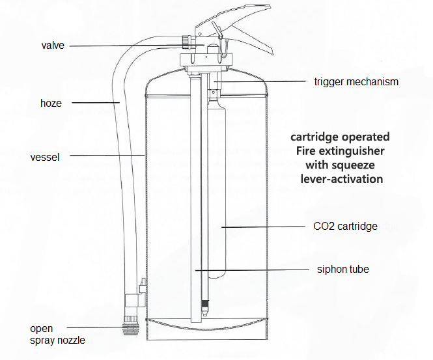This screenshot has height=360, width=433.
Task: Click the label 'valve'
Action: pyautogui.click(x=53, y=46)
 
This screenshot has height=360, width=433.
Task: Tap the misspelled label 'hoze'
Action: pyautogui.click(x=51, y=104)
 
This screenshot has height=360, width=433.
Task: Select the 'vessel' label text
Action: pyautogui.click(x=45, y=158)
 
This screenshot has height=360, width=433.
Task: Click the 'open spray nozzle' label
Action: pyautogui.click(x=57, y=335)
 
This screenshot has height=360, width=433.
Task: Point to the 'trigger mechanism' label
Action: pyautogui.click(x=356, y=82)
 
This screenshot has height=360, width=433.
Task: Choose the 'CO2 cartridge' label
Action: pyautogui.click(x=345, y=226)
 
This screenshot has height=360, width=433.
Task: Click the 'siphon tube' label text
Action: pyautogui.click(x=343, y=269)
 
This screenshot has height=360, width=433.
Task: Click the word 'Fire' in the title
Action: pyautogui.click(x=305, y=151)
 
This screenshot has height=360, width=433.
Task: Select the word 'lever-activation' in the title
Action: pyautogui.click(x=342, y=179)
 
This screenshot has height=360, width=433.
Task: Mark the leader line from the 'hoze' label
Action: pyautogui.click(x=96, y=103)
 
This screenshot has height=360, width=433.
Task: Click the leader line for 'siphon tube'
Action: pyautogui.click(x=252, y=270)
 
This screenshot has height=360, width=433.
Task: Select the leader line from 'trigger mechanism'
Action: pyautogui.click(x=260, y=81)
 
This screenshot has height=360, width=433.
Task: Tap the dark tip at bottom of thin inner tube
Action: pyautogui.click(x=206, y=308)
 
